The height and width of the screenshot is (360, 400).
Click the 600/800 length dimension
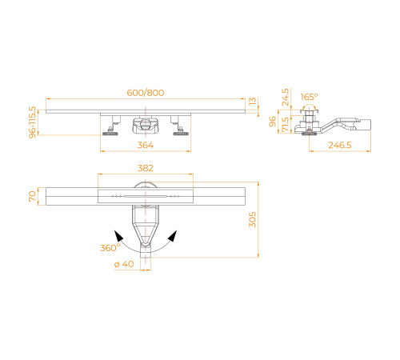pos(145,93)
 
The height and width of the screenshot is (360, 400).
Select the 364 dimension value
pos(145,145)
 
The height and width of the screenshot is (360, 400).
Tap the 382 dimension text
pos(145,168)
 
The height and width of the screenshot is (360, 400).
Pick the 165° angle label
pos(309,97)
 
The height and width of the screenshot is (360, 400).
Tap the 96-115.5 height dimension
pos(33,122)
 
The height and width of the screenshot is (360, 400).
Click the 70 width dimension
pos(33,195)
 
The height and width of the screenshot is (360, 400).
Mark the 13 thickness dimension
pos(254,102)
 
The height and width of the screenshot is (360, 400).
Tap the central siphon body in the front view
pos(145,125)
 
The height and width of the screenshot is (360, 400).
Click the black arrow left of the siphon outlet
pos(118,235)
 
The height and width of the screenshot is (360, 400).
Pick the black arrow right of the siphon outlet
pos(172,235)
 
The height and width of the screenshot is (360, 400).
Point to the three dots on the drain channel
pos(118,195)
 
